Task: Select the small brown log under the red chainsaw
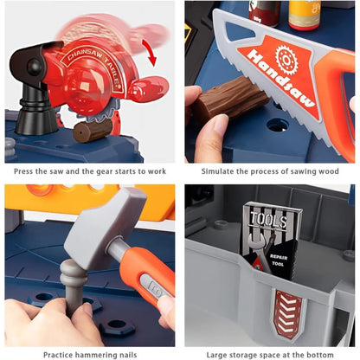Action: tap(91, 131)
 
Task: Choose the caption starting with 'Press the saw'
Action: tap(89, 171)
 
